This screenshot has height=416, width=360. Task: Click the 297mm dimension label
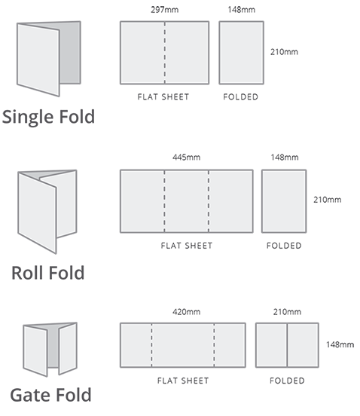coord(165,10)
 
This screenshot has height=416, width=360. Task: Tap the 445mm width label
coord(186,158)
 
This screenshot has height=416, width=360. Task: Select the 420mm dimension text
coord(186,312)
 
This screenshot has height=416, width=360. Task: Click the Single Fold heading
coord(48,118)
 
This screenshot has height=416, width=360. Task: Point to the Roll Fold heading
coord(48,273)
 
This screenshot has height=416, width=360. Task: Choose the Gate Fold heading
coord(50,395)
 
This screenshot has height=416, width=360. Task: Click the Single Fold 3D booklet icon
coord(49,58)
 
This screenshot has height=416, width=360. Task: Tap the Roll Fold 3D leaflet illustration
coord(47,212)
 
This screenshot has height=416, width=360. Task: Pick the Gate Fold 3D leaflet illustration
coord(50,350)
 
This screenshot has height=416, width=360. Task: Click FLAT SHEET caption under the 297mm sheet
coord(163,96)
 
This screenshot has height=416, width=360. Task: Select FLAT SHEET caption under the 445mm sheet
coord(187,246)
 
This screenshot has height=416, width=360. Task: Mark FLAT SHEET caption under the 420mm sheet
coord(183,381)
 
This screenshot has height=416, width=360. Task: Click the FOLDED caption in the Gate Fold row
coord(287,381)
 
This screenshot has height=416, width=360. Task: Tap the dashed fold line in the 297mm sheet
coord(165,53)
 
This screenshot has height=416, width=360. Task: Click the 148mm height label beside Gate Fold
coord(340,344)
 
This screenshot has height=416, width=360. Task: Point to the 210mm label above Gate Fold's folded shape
coord(287,312)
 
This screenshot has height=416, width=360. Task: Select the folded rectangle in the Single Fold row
coord(242,53)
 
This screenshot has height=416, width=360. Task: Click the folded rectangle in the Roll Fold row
coord(284,201)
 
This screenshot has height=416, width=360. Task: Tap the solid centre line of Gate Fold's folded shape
coord(287,345)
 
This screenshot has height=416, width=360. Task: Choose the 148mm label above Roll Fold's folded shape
coord(285,158)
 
